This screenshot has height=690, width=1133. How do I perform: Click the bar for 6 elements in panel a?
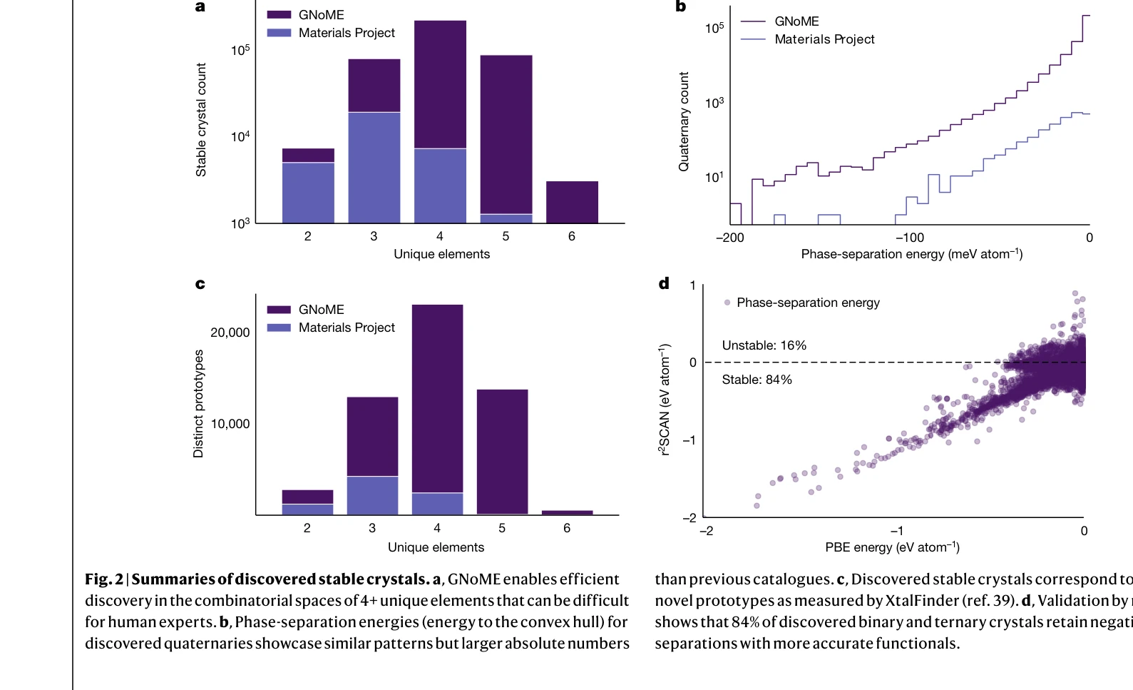pos(572,203)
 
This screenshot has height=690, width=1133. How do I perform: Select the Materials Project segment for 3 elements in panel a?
pos(374,168)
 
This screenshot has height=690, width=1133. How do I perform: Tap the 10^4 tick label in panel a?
pos(240,136)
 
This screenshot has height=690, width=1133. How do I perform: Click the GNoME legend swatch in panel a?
pos(279,15)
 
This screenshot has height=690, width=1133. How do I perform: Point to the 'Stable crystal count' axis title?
pos(201,119)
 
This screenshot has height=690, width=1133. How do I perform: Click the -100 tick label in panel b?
pos(910,238)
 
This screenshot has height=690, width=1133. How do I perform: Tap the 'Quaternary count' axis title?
pos(684,121)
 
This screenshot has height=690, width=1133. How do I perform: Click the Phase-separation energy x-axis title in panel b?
pos(911,254)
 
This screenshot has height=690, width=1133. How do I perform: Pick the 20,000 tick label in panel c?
pos(230,333)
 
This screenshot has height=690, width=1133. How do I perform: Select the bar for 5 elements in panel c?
pos(502,451)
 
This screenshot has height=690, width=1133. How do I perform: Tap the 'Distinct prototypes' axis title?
pos(198,403)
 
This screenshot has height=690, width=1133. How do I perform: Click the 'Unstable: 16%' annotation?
pos(764,345)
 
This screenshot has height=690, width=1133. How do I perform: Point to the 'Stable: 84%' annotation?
pos(757,380)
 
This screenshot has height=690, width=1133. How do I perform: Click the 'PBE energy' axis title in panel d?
pos(892,547)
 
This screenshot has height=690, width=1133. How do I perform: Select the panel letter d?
pos(664,283)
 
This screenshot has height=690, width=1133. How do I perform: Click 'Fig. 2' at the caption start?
pos(104,579)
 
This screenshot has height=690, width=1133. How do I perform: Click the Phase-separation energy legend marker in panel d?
pos(727,303)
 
